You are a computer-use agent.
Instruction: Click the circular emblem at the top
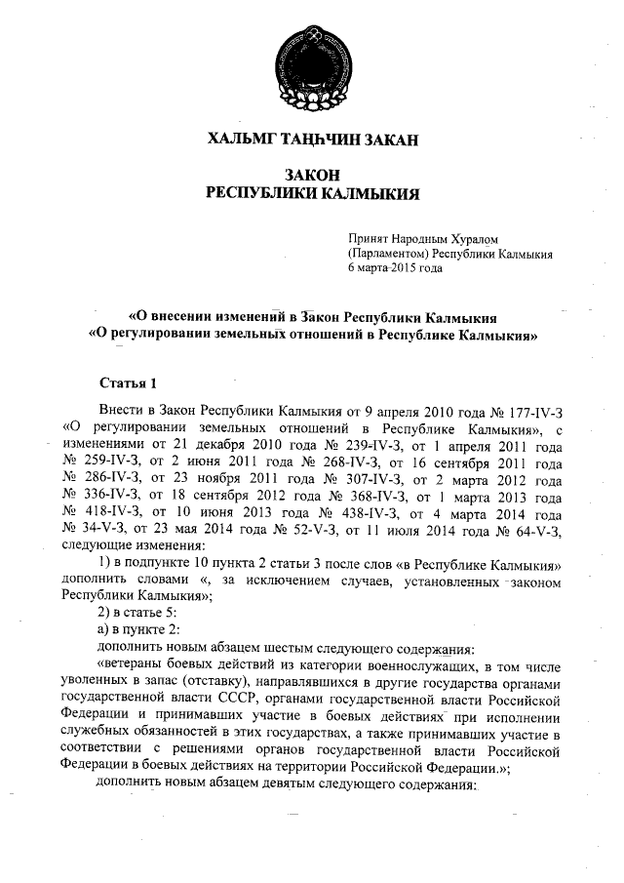click(x=312, y=54)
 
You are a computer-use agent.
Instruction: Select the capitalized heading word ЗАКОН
click(x=312, y=175)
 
